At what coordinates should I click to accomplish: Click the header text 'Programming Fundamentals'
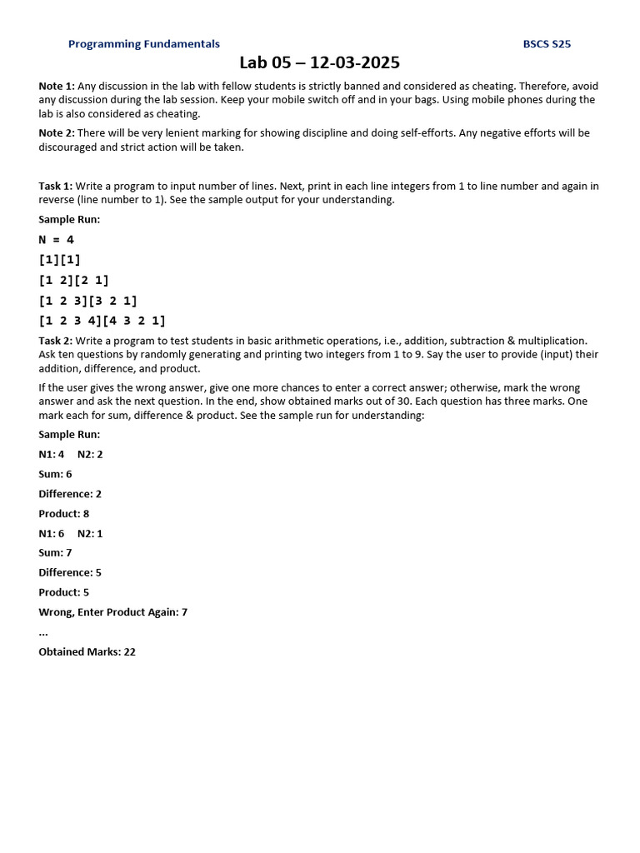[x=143, y=44]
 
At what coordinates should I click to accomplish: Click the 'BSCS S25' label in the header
[x=547, y=44]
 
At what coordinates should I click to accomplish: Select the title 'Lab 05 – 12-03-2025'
[x=320, y=62]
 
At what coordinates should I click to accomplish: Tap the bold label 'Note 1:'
[x=57, y=87]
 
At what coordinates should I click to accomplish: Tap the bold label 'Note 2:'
[x=57, y=133]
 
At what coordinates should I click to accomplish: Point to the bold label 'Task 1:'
[x=56, y=187]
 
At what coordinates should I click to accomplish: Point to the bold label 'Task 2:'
[x=56, y=341]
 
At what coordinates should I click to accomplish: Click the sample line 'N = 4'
[x=57, y=240]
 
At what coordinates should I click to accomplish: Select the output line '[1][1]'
[x=60, y=260]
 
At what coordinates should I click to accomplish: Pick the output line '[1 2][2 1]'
[x=74, y=281]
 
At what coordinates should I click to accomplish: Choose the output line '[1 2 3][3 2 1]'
[x=88, y=301]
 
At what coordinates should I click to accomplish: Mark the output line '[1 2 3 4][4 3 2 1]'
[x=102, y=321]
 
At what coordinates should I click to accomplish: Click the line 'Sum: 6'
[x=55, y=474]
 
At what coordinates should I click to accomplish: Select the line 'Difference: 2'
[x=70, y=494]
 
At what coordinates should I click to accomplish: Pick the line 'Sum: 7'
[x=55, y=552]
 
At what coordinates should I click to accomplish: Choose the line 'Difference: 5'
[x=70, y=572]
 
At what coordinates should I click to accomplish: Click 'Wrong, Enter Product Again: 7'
[x=112, y=612]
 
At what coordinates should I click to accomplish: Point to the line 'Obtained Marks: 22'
[x=87, y=652]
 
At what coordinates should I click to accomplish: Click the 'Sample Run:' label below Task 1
[x=69, y=220]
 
